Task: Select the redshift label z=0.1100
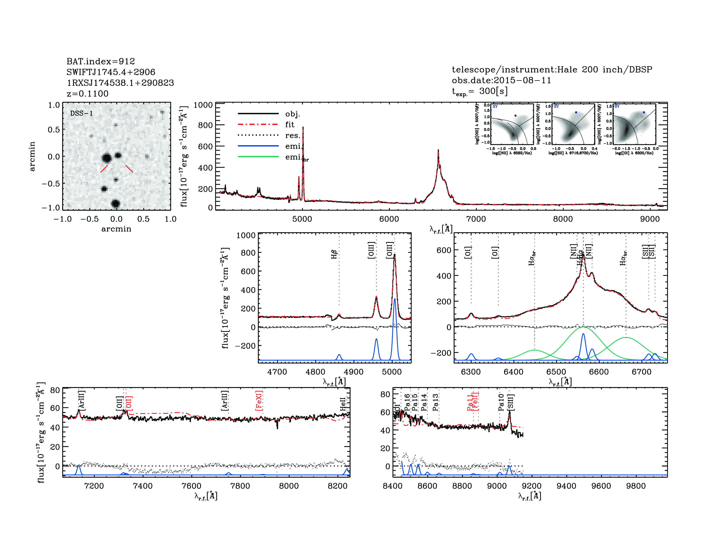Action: pyautogui.click(x=87, y=94)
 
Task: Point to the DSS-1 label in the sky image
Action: pyautogui.click(x=82, y=113)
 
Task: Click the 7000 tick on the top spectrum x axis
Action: pyautogui.click(x=476, y=219)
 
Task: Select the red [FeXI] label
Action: pyautogui.click(x=259, y=401)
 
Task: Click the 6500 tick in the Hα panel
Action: pyautogui.click(x=556, y=372)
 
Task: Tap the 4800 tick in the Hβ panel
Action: pyautogui.click(x=315, y=372)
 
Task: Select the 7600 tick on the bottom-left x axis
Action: pyautogui.click(x=191, y=486)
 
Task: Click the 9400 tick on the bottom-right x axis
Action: pyautogui.click(x=566, y=486)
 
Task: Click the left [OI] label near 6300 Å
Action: pyautogui.click(x=468, y=253)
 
